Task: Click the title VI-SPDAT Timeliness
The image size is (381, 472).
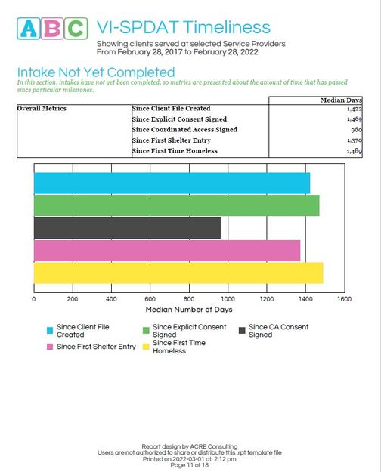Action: [183, 28]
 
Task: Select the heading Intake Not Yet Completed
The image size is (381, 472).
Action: [96, 72]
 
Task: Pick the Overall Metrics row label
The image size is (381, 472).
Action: [42, 109]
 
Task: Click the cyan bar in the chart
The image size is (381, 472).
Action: [172, 183]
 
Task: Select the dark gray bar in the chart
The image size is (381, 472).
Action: [127, 228]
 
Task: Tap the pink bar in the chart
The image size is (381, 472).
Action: [167, 251]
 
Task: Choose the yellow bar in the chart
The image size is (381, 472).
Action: [178, 273]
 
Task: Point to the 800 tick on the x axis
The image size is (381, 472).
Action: [189, 299]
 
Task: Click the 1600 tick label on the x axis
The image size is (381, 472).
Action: [344, 299]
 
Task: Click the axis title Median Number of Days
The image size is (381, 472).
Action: [188, 310]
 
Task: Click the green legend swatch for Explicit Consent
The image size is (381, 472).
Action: [146, 330]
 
